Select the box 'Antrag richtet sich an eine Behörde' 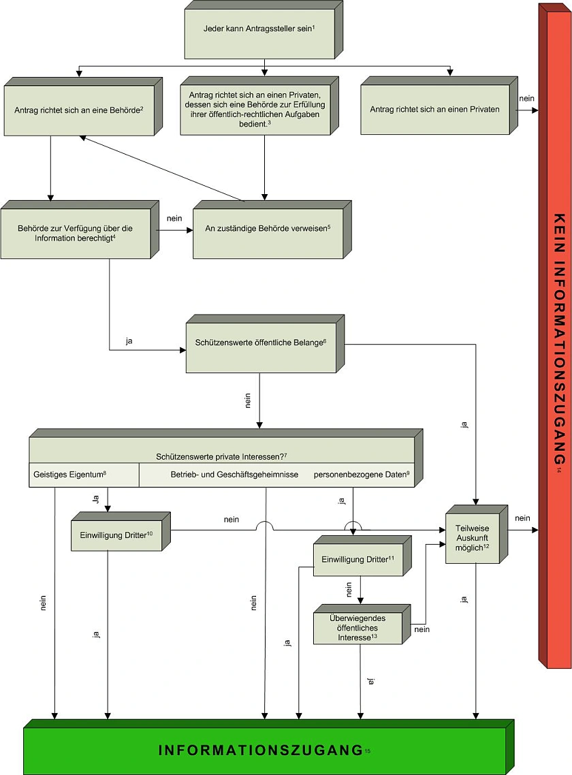(78, 110)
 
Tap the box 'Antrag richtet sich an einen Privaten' (434, 110)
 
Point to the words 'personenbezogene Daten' (362, 473)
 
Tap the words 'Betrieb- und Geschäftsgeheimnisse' (234, 473)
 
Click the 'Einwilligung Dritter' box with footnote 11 (357, 559)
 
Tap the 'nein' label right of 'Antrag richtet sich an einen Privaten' (526, 98)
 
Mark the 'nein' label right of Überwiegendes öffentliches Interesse (421, 630)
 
